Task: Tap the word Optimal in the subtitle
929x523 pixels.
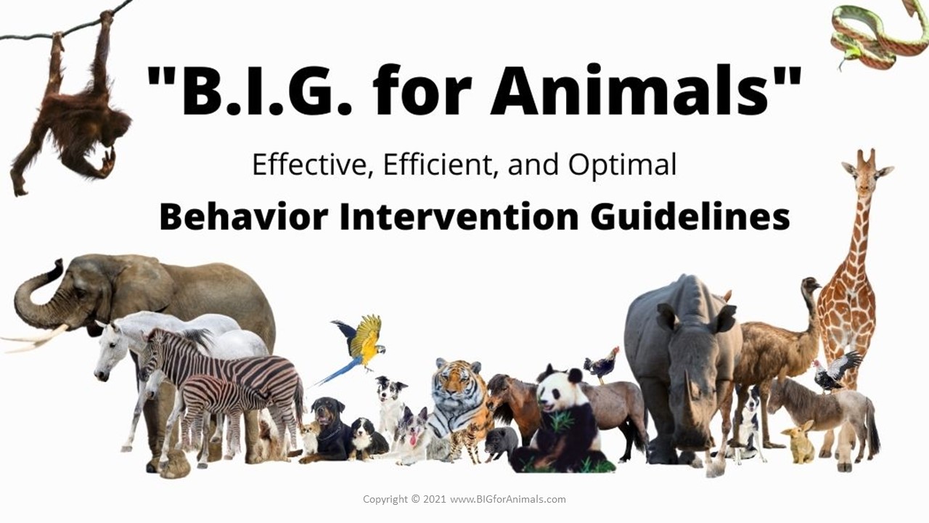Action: tap(622, 166)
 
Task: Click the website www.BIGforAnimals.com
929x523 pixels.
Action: tap(507, 499)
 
